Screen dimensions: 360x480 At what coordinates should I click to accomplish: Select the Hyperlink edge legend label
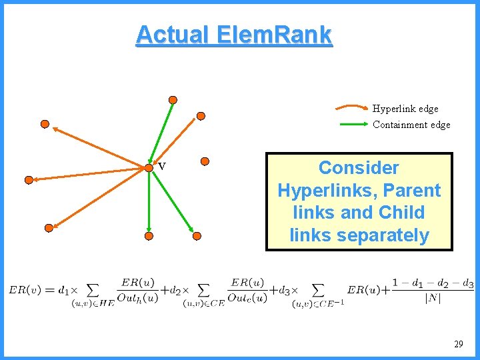[405, 108]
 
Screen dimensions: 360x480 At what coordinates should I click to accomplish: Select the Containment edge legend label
[411, 125]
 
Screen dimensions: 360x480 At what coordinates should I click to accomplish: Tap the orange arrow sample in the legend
[351, 107]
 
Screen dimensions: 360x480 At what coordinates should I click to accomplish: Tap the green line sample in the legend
[351, 125]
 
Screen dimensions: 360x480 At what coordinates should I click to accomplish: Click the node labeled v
[149, 168]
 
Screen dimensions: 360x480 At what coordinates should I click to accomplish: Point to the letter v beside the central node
[161, 166]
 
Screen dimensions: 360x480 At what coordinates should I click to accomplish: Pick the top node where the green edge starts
[173, 100]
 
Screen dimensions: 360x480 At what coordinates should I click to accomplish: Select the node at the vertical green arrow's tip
[149, 236]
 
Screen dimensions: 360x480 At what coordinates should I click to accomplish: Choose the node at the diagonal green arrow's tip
[197, 236]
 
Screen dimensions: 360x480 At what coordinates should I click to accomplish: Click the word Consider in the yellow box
[359, 168]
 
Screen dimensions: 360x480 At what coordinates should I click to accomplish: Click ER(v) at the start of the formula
[23, 290]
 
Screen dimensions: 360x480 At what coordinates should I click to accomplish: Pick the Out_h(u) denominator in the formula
[137, 298]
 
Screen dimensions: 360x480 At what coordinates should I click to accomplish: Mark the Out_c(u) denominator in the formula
[247, 298]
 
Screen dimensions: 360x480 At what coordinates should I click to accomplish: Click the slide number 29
[458, 344]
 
